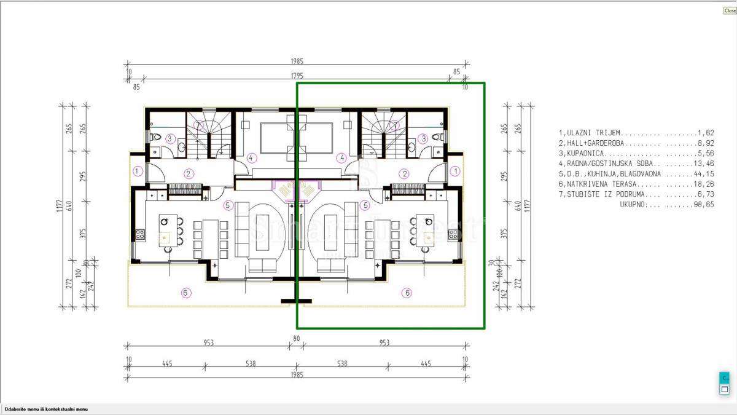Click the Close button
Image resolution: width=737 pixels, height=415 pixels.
pos(730,10)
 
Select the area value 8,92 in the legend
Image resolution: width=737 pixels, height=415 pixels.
pos(706,143)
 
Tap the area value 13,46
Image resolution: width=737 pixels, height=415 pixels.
pos(704,164)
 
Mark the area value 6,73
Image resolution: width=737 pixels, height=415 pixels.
pos(706,194)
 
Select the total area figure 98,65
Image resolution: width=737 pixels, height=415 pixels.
pos(704,205)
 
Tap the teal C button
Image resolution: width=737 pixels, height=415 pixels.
pos(724,377)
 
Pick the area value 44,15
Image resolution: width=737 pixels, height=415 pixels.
pos(704,174)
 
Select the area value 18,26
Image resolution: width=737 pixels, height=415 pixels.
pos(704,184)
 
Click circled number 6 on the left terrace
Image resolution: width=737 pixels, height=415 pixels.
pos(186,293)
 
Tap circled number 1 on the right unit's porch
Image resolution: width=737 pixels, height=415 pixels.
pos(455,171)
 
